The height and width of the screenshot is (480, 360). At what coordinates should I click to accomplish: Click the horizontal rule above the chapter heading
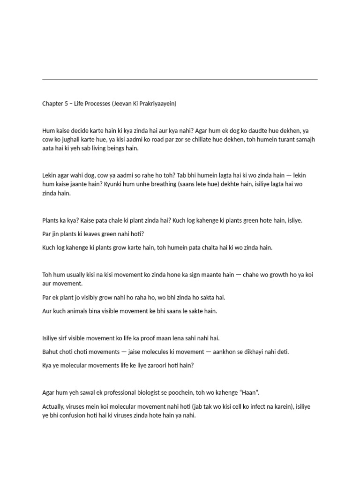tap(180, 80)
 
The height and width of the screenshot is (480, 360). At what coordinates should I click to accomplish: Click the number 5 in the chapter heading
tap(66, 104)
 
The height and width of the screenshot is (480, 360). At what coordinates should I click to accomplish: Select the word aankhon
tap(214, 351)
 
